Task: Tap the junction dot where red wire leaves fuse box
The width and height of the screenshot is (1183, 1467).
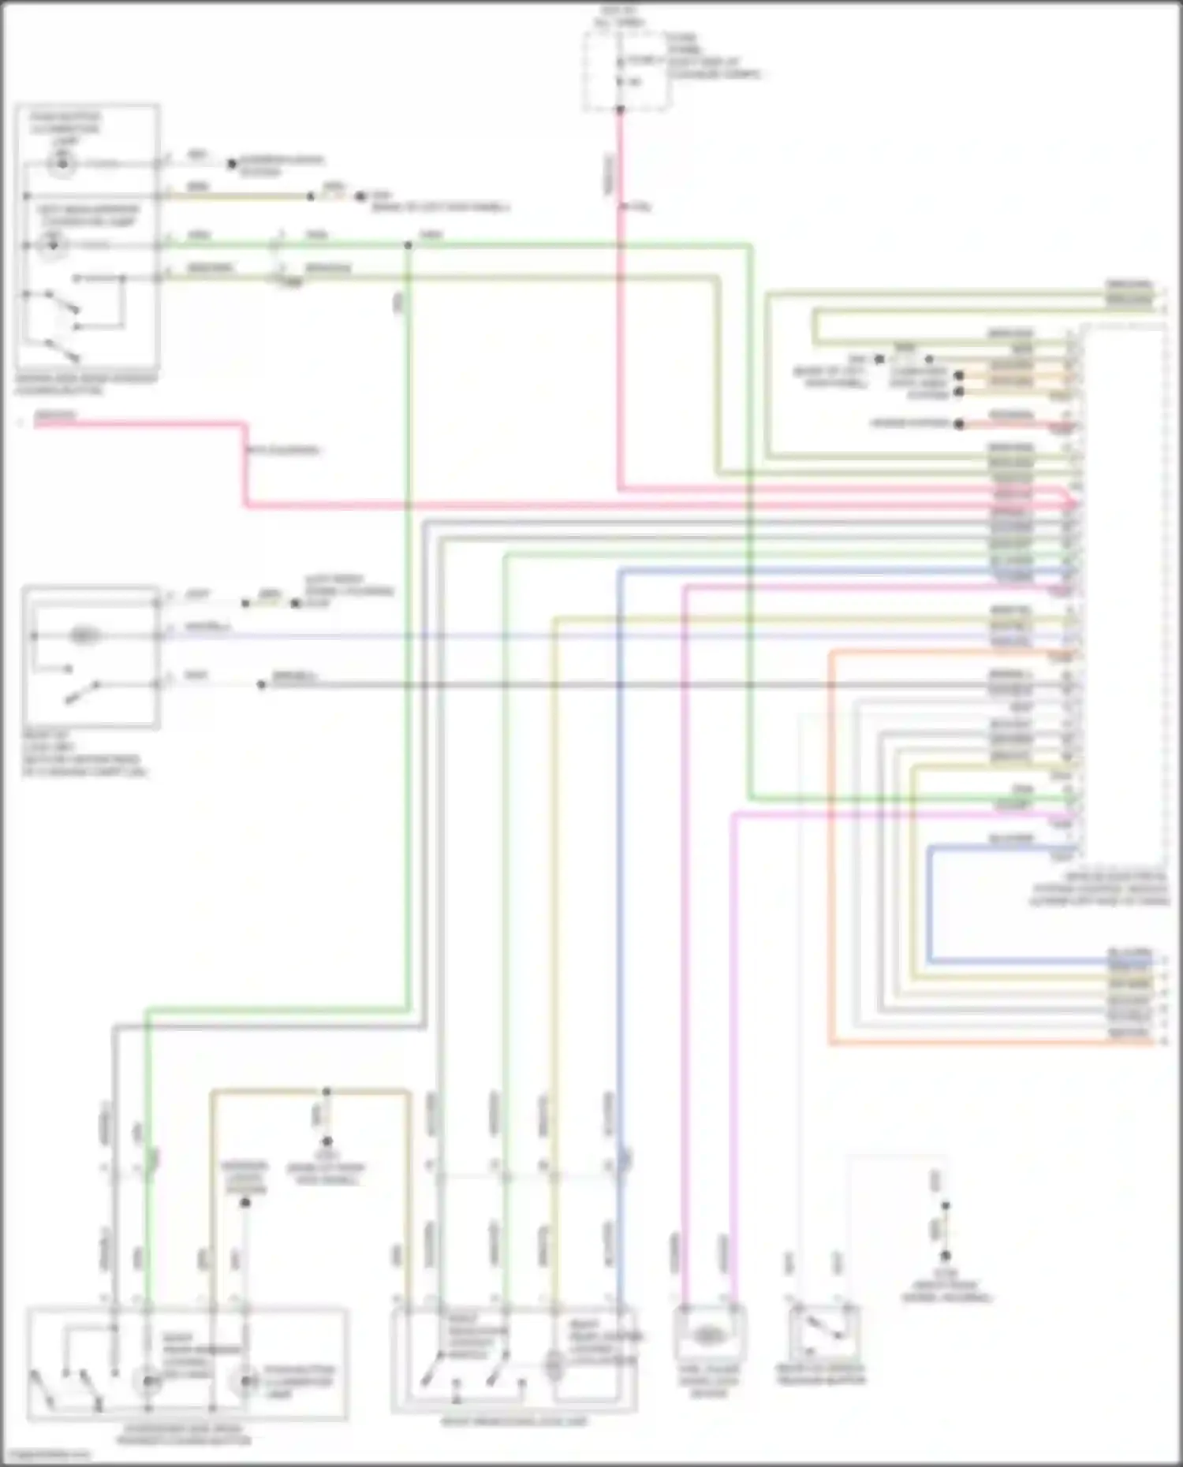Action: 620,110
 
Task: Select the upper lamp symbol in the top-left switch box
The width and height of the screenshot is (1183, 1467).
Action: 60,164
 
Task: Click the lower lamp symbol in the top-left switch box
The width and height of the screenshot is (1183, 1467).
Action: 54,246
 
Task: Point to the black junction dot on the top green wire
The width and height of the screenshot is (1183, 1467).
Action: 408,246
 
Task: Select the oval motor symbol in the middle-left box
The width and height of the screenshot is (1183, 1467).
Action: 84,635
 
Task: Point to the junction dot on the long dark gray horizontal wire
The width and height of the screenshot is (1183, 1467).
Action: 261,685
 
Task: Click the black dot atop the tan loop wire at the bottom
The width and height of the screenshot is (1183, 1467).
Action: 327,1092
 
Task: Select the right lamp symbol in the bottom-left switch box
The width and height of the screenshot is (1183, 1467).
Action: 246,1381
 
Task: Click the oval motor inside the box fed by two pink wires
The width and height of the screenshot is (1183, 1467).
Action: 708,1335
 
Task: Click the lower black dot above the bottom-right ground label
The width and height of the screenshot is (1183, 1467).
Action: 945,1257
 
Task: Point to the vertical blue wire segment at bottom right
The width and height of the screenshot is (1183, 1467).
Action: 930,907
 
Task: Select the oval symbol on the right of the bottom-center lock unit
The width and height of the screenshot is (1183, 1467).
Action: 554,1368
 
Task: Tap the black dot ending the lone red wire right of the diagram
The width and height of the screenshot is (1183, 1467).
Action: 959,424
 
